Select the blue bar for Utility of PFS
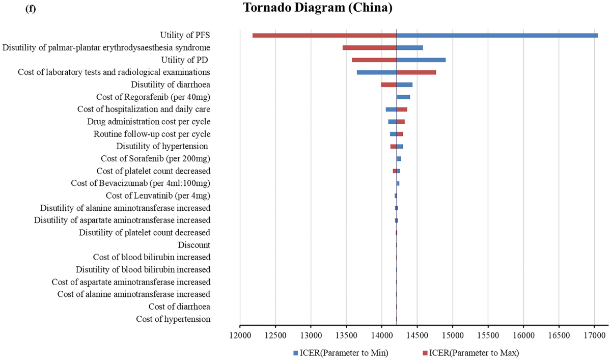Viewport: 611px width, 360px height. tap(497, 35)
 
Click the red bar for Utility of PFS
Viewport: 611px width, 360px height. tap(324, 35)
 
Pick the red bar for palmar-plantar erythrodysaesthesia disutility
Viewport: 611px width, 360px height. tap(370, 48)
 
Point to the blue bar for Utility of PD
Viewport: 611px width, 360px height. tap(421, 60)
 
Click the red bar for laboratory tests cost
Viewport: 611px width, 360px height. tap(416, 72)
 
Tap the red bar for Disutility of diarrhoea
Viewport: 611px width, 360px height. tap(388, 85)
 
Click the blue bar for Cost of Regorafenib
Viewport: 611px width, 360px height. tap(403, 97)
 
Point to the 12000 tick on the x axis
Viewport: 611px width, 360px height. tap(240, 336)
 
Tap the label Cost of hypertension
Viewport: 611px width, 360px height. tap(173, 319)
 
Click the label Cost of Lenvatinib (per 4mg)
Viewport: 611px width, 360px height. tap(158, 196)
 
